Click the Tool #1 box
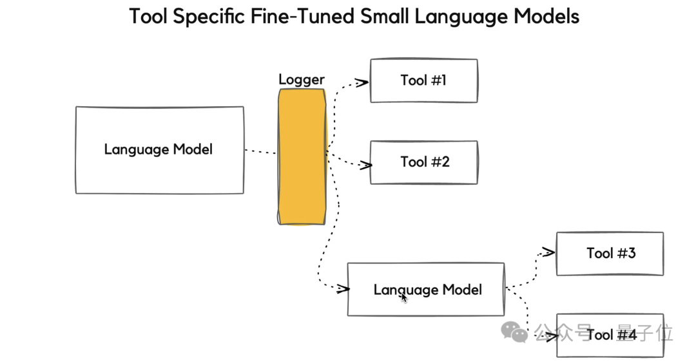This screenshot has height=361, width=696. coord(423,80)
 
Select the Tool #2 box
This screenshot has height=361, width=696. coord(423,162)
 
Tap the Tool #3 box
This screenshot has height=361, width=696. coord(610,254)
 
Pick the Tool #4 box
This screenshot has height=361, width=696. coord(610,335)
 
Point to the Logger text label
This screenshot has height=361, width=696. coord(301,80)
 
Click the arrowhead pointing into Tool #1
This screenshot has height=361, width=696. coord(362,82)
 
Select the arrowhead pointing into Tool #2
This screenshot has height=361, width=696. coord(366,165)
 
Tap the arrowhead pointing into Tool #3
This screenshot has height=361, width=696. coord(548,252)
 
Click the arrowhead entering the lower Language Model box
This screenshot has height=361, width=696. coord(342,289)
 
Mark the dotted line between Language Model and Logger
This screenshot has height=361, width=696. coord(261,152)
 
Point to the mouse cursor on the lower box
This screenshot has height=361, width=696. coord(404,297)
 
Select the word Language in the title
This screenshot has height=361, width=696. coord(459,16)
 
